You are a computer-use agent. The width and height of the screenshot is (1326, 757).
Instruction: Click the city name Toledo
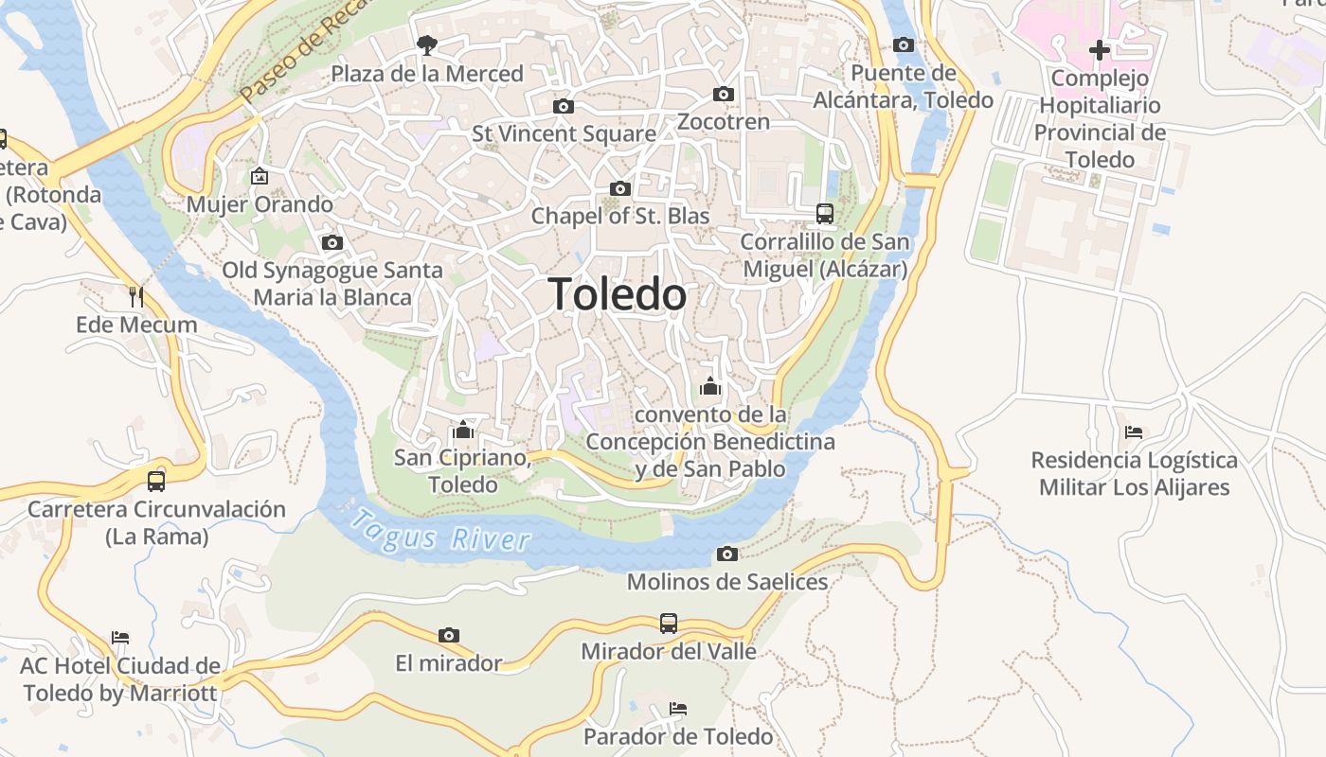(618, 294)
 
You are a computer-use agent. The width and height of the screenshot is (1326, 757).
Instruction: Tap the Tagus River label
(439, 532)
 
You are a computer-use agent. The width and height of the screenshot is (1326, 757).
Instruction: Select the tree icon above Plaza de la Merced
(427, 44)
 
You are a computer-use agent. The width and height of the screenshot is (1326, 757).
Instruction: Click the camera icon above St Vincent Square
(564, 106)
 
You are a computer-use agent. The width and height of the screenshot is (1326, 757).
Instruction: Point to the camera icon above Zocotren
(724, 94)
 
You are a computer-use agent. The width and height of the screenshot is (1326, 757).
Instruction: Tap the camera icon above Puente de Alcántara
(904, 44)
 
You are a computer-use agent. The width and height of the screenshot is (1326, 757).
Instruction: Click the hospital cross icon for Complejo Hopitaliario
(1099, 49)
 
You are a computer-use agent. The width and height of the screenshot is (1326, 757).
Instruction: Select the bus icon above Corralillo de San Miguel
(825, 214)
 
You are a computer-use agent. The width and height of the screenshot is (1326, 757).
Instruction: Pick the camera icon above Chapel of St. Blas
(620, 188)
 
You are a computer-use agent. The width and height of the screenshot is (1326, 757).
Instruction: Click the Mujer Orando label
(260, 204)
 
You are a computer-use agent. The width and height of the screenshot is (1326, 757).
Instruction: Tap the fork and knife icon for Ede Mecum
(136, 296)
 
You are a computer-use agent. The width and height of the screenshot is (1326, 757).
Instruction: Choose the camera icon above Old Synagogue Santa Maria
(331, 242)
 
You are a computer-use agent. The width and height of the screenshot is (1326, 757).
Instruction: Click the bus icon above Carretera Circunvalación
(156, 481)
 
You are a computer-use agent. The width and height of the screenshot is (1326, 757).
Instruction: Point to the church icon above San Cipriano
(463, 431)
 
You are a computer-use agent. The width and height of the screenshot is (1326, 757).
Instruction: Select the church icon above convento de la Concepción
(710, 386)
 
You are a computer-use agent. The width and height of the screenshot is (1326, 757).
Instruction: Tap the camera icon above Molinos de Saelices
(727, 554)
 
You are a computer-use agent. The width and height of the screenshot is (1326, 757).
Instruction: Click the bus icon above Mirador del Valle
(669, 623)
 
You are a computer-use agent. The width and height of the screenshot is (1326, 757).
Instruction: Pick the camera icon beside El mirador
(449, 635)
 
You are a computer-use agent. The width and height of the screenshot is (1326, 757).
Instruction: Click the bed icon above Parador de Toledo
(677, 708)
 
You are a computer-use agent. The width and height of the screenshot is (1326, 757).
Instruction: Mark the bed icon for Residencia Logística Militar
(1134, 432)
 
